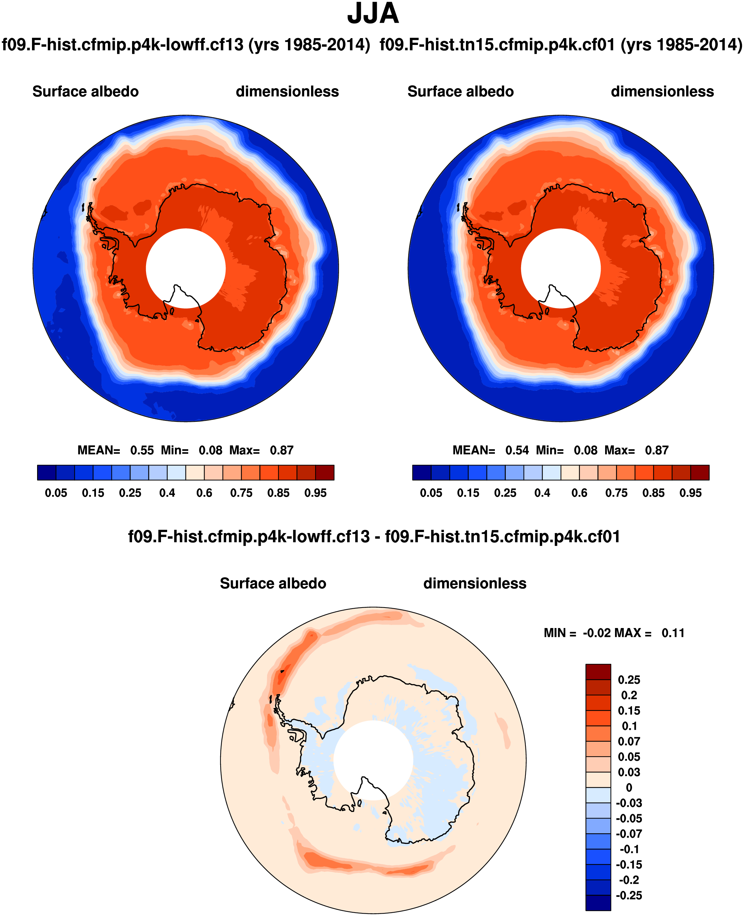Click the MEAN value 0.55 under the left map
pos(142,450)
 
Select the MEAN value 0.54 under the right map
pos(517,450)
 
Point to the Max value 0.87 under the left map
pos(281,450)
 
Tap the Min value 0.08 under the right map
pos(585,450)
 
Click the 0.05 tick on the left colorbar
pos(56,493)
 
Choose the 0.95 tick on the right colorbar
pos(691,493)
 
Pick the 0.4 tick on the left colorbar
pos(167,493)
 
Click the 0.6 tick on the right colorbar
pos(579,493)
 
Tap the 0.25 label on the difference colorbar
pos(629,680)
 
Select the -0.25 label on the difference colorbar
pos(629,896)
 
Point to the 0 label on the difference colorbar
pos(629,787)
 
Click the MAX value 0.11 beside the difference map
pos(673,633)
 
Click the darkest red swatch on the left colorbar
pos(324,472)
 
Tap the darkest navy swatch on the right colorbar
pos(422,472)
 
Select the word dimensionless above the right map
pos(662,91)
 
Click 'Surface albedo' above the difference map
pos(273,583)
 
